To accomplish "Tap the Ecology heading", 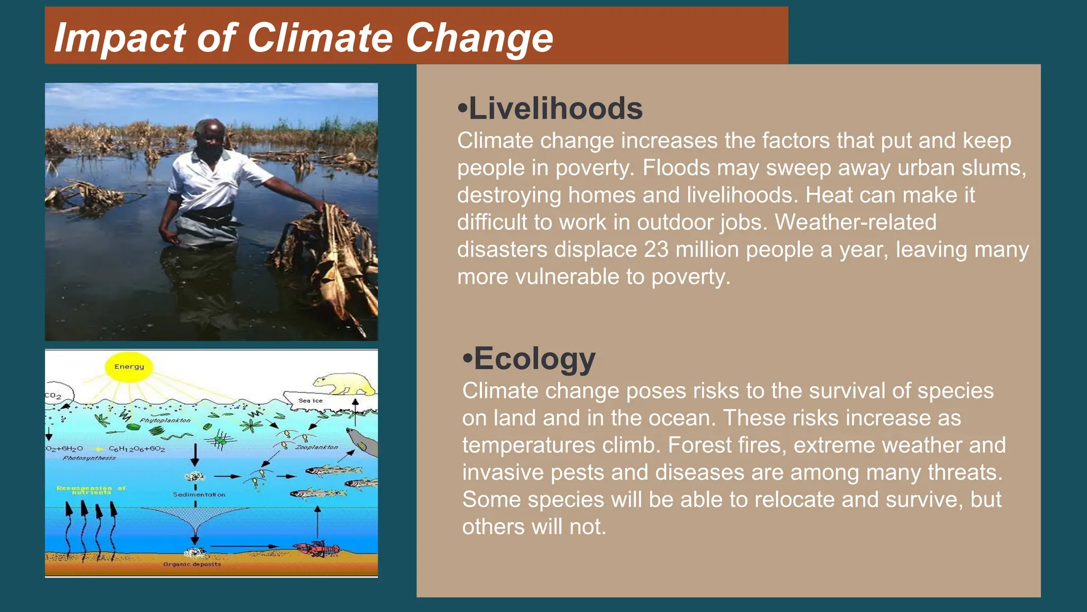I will [x=534, y=359].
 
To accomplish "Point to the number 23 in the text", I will [x=656, y=250].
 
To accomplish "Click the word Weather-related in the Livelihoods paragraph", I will [x=856, y=222].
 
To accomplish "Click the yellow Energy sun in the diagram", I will [x=129, y=367].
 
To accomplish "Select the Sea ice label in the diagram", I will [x=310, y=401].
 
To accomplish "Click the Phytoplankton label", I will [x=165, y=420].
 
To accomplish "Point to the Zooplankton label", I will [x=316, y=447].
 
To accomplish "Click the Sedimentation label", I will [x=199, y=495].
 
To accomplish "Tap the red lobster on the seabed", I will [x=316, y=549].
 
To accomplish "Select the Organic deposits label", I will [x=192, y=564].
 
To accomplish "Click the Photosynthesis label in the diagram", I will [x=89, y=458].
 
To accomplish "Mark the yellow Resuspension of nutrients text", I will [x=91, y=490].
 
